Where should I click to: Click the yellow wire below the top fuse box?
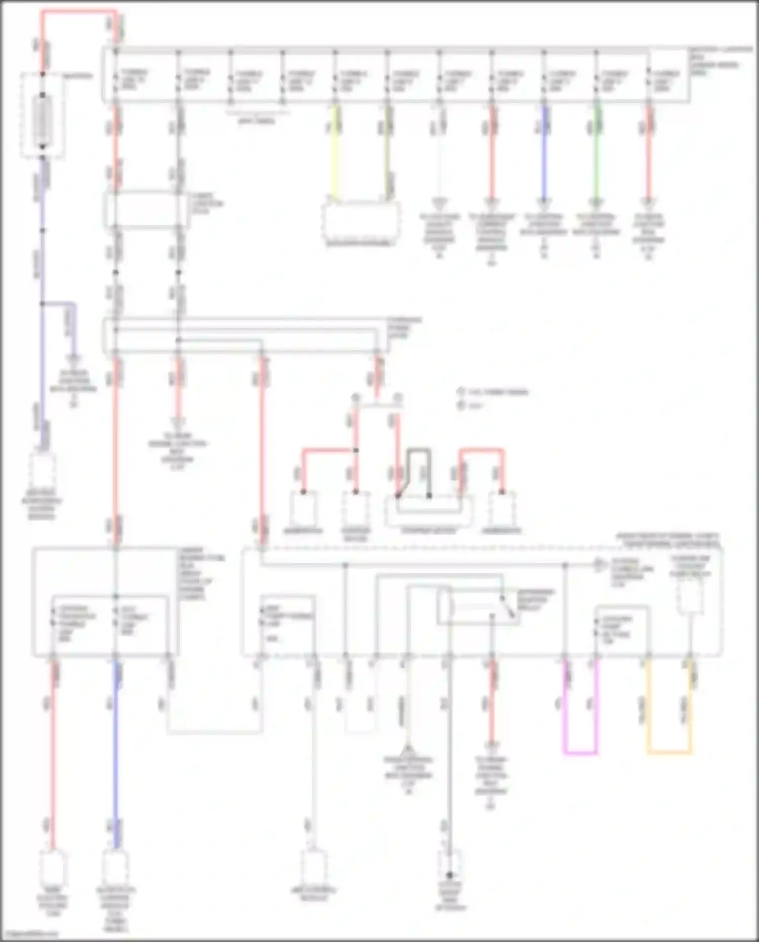tap(334, 152)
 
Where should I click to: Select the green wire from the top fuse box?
tap(597, 152)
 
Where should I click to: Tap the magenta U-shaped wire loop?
tap(580, 753)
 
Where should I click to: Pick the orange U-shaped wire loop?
tap(669, 753)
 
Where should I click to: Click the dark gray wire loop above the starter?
tap(419, 450)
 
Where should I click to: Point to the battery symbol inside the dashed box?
tap(43, 121)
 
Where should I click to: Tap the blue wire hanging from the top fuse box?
tap(544, 152)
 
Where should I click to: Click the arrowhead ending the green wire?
tap(597, 203)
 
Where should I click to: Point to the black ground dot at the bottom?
tap(449, 875)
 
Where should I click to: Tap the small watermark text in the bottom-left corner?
tap(29, 934)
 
